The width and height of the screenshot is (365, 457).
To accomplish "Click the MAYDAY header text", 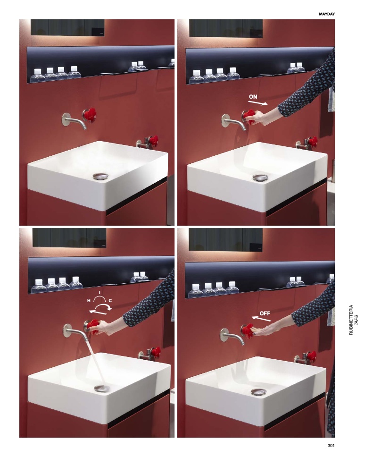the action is point(327,14).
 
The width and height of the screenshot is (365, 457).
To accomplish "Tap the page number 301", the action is point(331,445).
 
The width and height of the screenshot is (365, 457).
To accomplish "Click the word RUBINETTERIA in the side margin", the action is point(351,320).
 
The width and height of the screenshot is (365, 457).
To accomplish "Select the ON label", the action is point(253,96).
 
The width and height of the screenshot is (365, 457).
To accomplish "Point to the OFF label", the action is point(265,313).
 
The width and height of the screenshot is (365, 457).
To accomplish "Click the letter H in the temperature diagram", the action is point(89,300).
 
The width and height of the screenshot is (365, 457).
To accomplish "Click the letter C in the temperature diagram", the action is point(110,300).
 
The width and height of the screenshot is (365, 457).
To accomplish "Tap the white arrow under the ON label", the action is point(257,103).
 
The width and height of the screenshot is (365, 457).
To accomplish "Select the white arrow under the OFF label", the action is point(261,319).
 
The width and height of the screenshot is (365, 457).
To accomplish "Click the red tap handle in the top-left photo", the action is point(90,115).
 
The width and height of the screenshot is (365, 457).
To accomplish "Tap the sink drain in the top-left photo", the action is point(100,176).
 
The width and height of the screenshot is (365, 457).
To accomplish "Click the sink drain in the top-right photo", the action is point(260,177).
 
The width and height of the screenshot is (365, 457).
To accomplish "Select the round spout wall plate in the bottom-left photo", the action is point(68,330).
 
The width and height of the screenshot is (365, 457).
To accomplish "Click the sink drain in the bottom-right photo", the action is point(258,391).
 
